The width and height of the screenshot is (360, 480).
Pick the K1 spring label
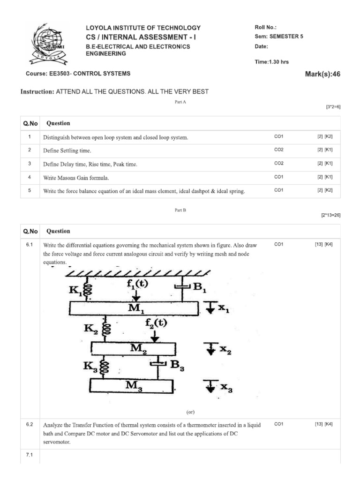(75, 291)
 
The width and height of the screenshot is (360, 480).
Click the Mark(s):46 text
(322, 74)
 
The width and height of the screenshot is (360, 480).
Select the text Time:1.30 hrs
(271, 61)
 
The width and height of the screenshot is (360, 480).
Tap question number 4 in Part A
(29, 178)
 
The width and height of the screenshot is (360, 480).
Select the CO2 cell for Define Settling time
(279, 150)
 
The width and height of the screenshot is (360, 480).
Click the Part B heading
(180, 210)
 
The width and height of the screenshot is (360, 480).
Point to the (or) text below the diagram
(190, 412)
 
